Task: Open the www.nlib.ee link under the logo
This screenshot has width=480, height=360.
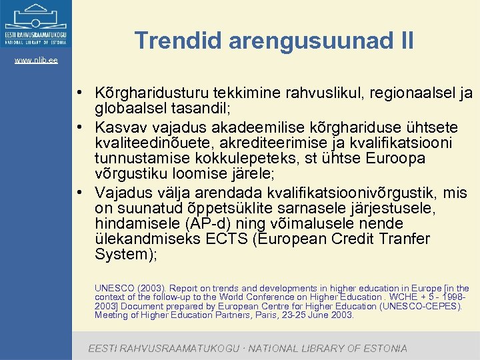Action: (36, 61)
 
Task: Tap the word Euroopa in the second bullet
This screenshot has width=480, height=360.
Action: (401, 159)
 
